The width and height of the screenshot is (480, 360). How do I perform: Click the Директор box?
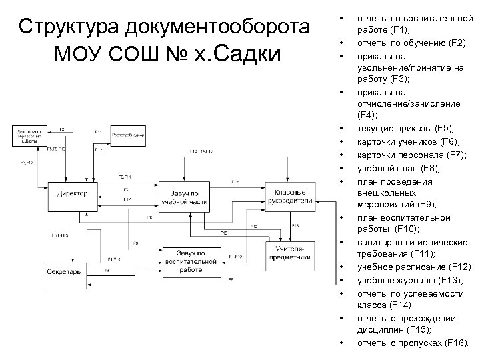click(x=71, y=194)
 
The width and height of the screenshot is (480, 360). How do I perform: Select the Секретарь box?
click(x=64, y=271)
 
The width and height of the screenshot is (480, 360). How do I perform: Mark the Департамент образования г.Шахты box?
click(x=32, y=135)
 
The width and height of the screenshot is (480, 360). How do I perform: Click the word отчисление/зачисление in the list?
click(x=409, y=104)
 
